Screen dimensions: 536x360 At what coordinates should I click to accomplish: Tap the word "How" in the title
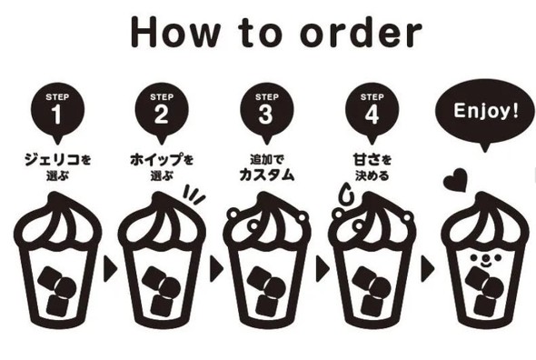pos(175,32)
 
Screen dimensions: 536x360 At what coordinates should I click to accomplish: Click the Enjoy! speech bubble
pos(485,113)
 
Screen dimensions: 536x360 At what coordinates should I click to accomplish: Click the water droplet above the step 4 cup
pos(347,194)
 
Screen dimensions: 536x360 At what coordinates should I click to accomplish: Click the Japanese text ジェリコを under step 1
pos(57,160)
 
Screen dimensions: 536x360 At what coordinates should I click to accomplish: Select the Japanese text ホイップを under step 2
pos(162,160)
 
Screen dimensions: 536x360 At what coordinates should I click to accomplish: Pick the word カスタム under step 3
pos(266,175)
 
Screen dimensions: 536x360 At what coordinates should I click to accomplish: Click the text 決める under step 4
pos(372,175)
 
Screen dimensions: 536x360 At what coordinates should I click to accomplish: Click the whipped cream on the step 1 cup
pos(57,221)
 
